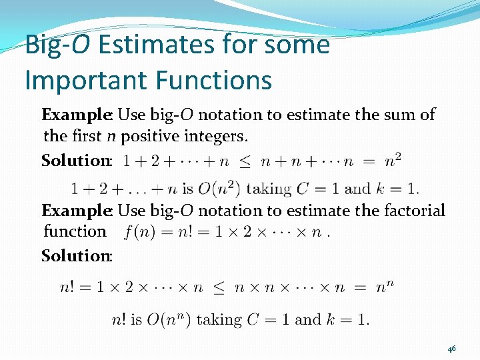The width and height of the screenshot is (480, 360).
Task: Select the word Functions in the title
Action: pyautogui.click(x=213, y=81)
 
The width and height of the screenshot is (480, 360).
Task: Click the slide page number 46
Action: pyautogui.click(x=451, y=348)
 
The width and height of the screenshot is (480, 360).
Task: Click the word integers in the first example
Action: pyautogui.click(x=217, y=137)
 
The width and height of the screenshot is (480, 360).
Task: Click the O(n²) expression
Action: pyautogui.click(x=221, y=189)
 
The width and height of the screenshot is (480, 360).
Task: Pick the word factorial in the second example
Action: pyautogui.click(x=414, y=211)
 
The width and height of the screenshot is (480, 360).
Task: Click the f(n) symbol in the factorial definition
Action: pyautogui.click(x=141, y=232)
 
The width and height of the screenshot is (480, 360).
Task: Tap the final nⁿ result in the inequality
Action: pyautogui.click(x=385, y=288)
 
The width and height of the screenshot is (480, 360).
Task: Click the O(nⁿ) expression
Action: pyautogui.click(x=169, y=319)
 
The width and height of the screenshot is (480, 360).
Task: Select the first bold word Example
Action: pyautogui.click(x=75, y=115)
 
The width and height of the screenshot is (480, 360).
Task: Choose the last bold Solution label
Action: pyautogui.click(x=76, y=255)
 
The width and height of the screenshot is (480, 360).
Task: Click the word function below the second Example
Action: pyautogui.click(x=75, y=231)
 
